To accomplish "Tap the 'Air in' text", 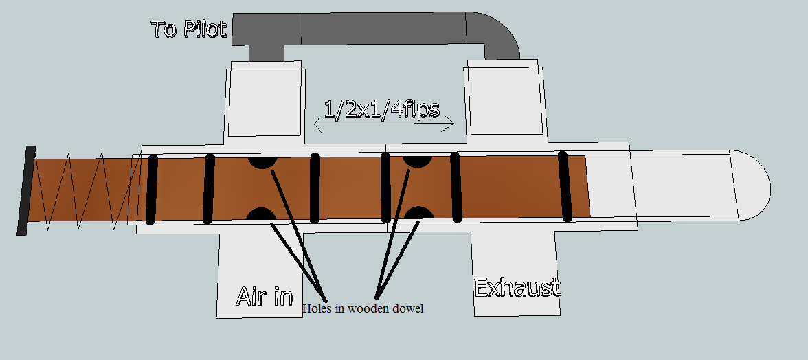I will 265,295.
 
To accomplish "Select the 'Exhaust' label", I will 517,286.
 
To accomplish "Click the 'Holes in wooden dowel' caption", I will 363,309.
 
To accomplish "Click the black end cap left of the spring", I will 26,191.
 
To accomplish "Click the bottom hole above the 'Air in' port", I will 261,214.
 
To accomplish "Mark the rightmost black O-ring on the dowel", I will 565,185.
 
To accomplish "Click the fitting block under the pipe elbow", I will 505,100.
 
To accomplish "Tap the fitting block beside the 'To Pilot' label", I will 265,100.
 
